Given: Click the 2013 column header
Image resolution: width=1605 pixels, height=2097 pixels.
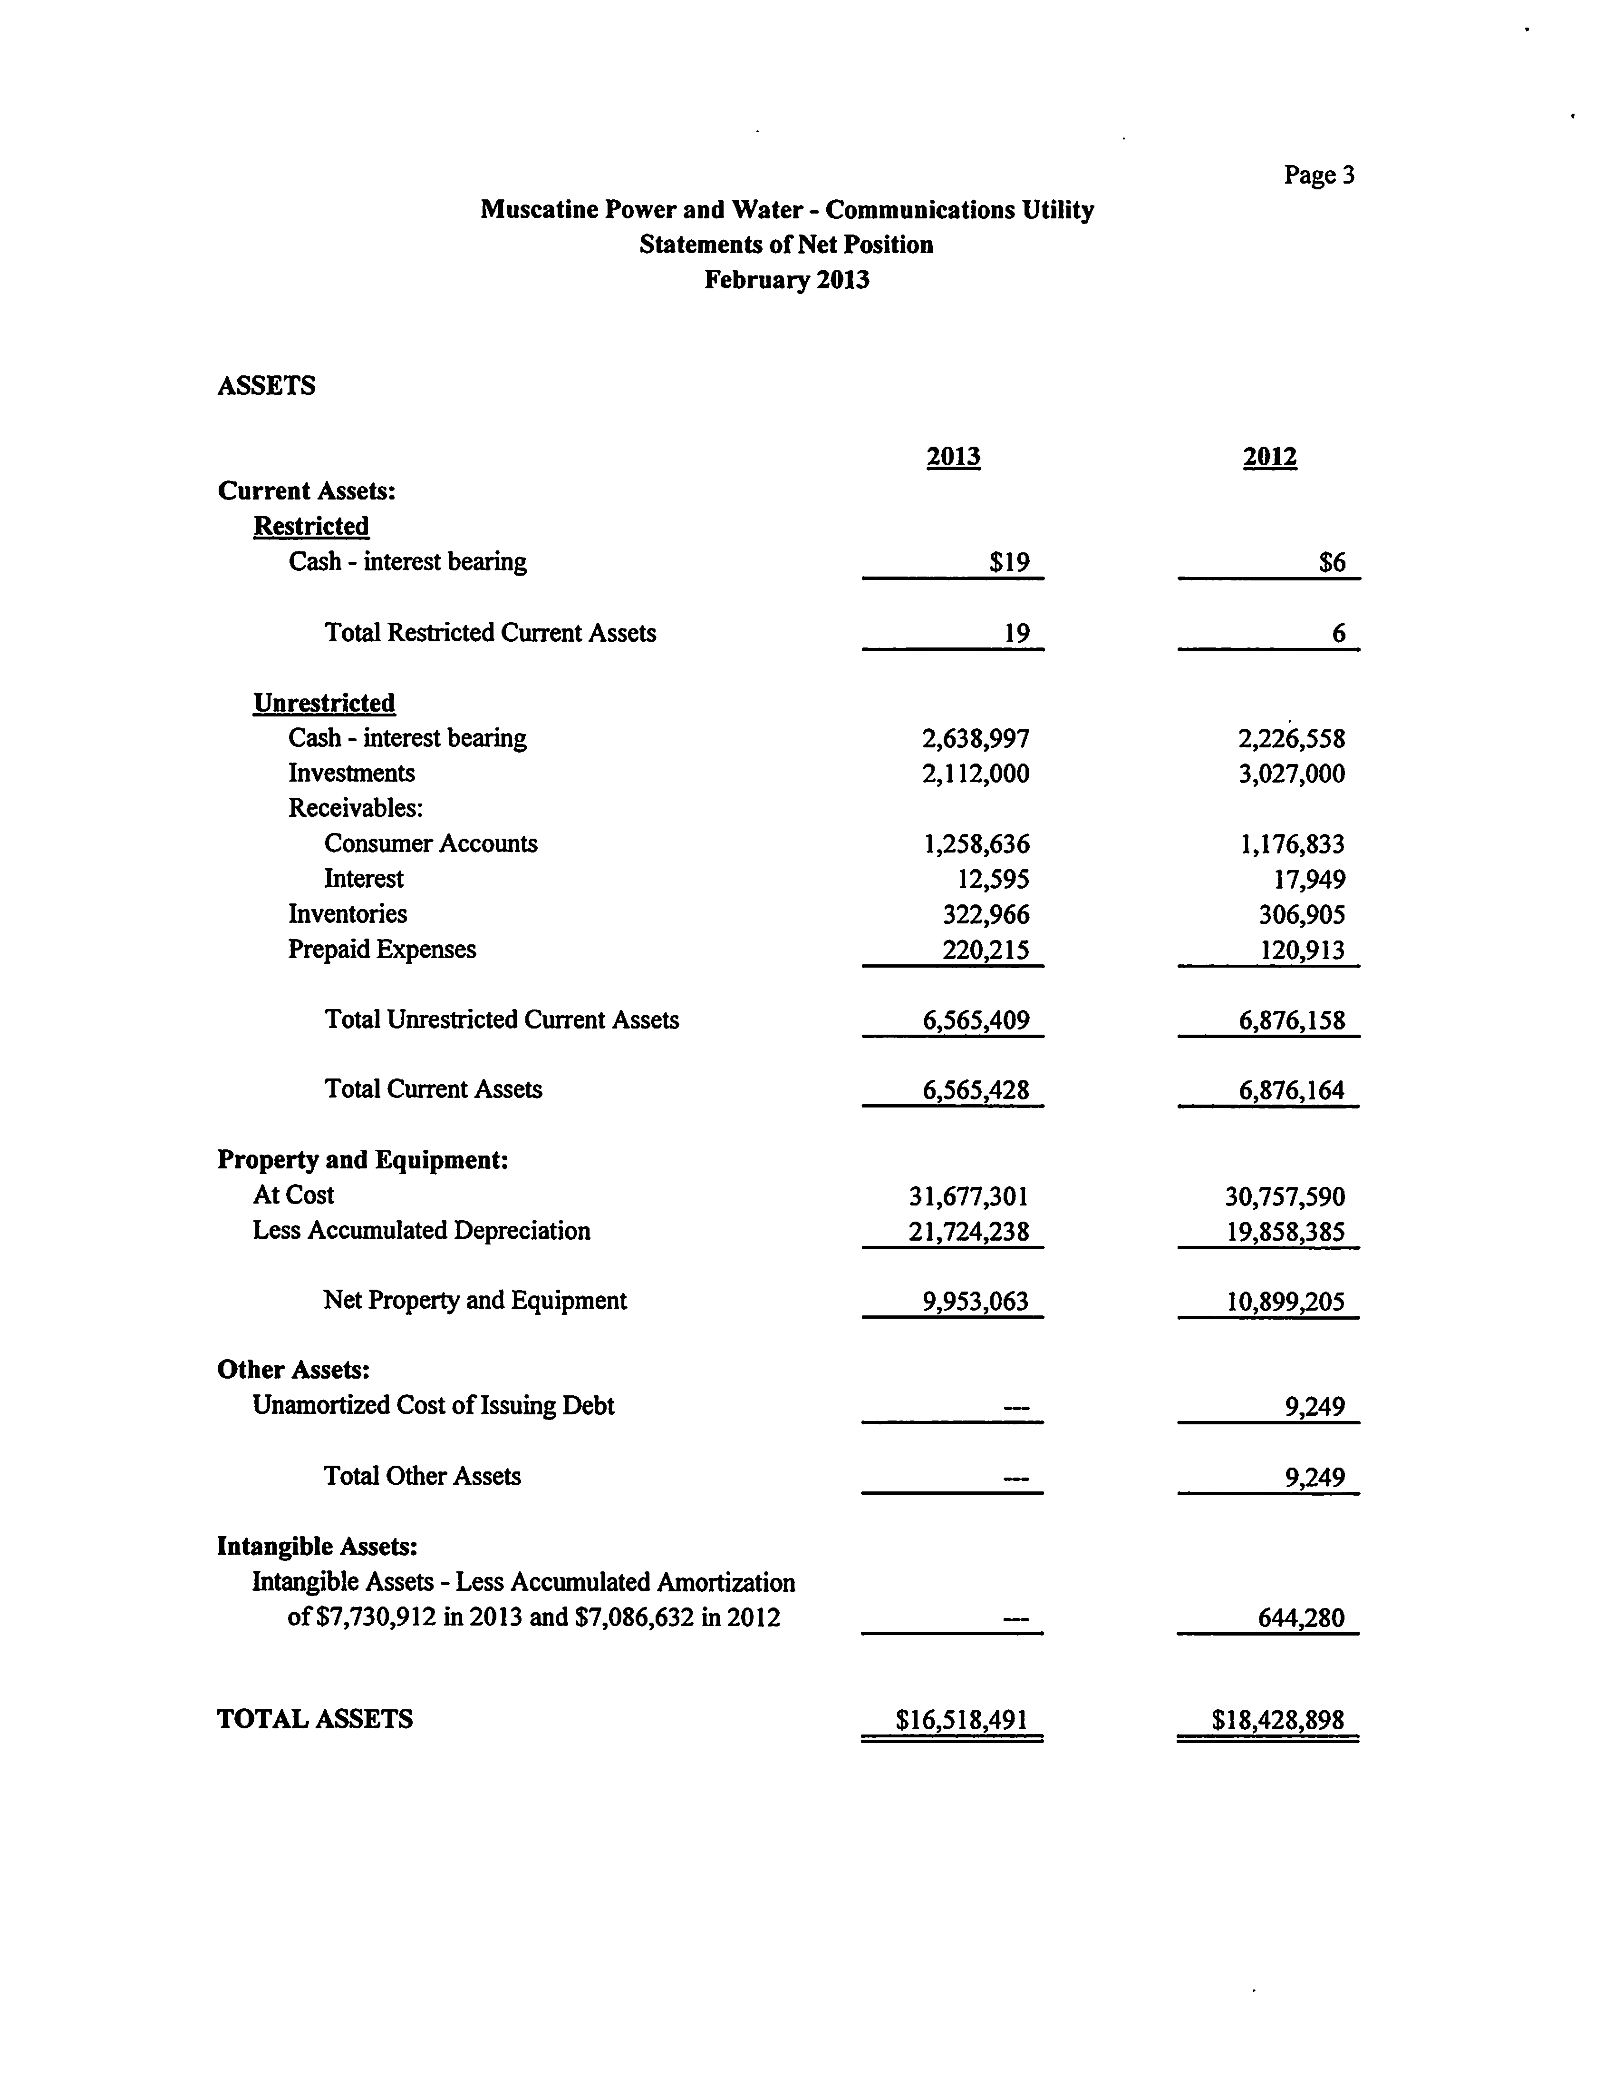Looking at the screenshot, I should pos(954,457).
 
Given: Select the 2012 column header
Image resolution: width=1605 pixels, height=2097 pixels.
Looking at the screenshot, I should pos(1270,457).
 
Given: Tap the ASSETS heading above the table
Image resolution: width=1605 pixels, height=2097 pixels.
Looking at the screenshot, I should pos(267,386).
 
